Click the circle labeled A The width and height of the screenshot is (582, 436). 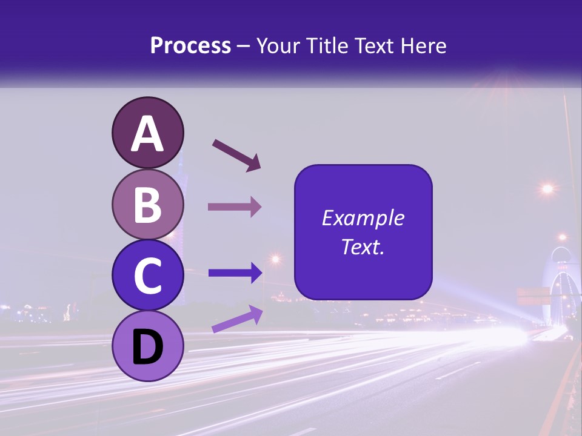click(147, 133)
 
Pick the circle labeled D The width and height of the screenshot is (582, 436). click(147, 346)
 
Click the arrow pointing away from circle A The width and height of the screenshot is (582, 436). click(236, 154)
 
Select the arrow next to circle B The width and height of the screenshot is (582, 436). click(235, 206)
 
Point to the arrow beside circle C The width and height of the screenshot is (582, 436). click(235, 273)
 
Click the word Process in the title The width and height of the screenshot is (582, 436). click(190, 46)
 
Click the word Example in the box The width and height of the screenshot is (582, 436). click(363, 218)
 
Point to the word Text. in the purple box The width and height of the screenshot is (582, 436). click(363, 246)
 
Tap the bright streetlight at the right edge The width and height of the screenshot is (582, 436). click(547, 189)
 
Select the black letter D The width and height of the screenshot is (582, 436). click(147, 347)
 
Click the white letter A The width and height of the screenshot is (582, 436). click(147, 134)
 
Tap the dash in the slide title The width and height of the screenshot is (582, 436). click(244, 47)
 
